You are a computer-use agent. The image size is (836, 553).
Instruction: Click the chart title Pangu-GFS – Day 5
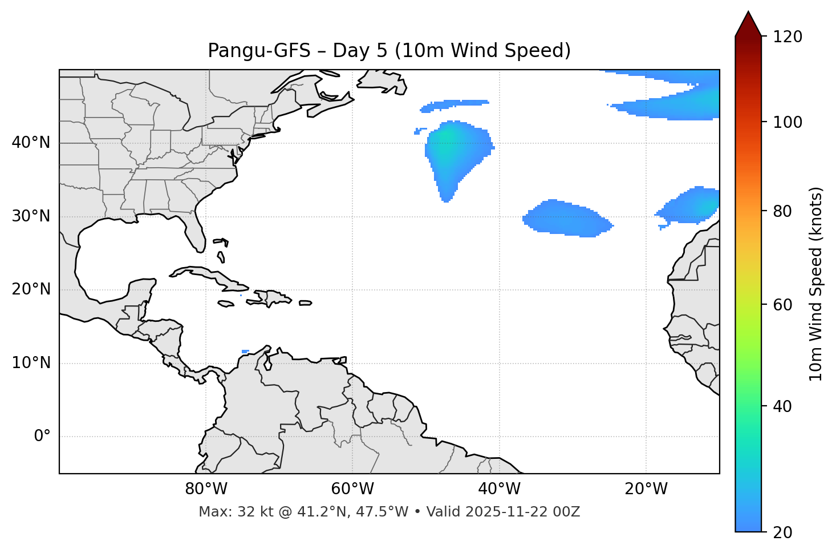389,51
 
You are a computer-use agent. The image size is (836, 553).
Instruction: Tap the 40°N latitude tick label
31,143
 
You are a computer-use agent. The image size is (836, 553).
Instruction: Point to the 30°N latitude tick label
31,216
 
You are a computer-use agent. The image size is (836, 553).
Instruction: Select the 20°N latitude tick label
31,289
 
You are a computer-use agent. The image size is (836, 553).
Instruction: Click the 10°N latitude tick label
31,363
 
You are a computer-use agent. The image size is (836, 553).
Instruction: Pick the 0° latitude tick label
42,437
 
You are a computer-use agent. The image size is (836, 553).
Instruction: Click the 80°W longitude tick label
206,489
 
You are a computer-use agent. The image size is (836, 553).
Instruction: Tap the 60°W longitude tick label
352,489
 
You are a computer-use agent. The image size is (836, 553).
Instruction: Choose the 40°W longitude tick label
499,489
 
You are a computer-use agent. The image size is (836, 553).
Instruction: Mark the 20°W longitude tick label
646,489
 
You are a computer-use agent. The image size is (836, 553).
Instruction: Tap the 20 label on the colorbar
783,532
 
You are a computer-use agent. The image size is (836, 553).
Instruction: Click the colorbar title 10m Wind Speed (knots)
816,284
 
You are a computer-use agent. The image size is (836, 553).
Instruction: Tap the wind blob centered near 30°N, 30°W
567,219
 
